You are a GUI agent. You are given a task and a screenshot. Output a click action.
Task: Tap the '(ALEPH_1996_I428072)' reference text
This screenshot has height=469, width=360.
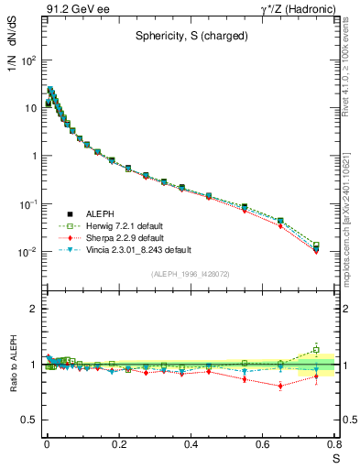191,274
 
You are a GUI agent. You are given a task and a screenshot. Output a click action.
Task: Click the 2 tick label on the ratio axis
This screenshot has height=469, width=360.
33,310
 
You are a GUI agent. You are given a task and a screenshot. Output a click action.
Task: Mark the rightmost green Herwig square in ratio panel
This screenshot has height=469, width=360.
316,350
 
